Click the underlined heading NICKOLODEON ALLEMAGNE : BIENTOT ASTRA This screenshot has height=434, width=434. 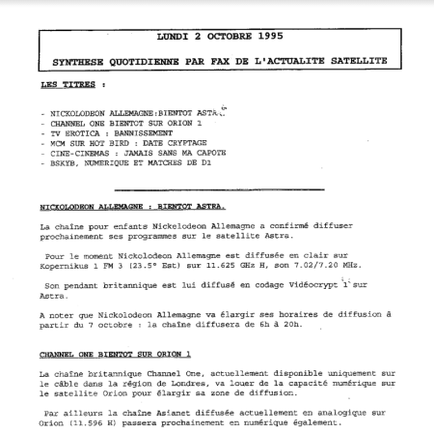point(132,207)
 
